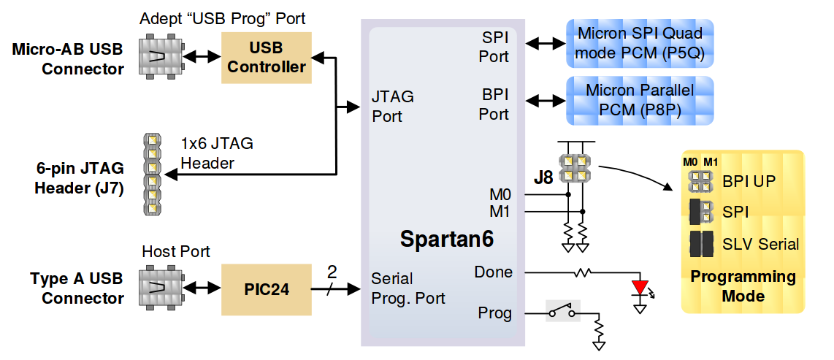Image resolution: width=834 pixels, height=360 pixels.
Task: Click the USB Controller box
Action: (x=267, y=58)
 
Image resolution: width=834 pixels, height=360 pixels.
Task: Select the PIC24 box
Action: (x=267, y=290)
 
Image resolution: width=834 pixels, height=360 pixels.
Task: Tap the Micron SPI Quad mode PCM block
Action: (x=640, y=44)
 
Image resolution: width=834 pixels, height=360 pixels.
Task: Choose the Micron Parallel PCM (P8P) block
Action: (x=640, y=100)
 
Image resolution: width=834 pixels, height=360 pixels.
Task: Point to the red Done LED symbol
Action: (x=640, y=286)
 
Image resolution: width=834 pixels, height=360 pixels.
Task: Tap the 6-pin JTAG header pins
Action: (x=152, y=175)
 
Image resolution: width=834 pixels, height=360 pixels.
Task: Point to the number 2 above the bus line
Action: (x=332, y=272)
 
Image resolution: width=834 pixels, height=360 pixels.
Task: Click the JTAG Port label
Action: (x=392, y=106)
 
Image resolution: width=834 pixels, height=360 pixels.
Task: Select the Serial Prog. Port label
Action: (x=408, y=288)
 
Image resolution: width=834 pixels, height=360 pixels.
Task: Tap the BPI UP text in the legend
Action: (x=749, y=180)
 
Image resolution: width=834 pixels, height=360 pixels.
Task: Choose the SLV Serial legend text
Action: (x=760, y=244)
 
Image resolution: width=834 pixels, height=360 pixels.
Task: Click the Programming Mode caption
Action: (x=743, y=286)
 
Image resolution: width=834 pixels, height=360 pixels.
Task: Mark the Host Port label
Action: (x=176, y=252)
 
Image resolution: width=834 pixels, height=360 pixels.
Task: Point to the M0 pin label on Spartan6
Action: (x=500, y=195)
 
